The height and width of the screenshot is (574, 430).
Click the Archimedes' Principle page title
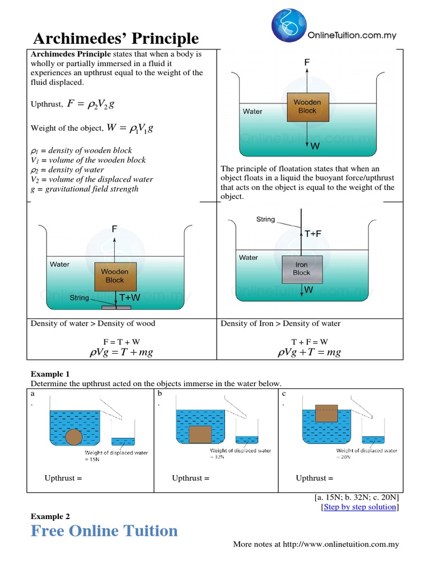click(x=116, y=38)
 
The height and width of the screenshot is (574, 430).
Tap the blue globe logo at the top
click(x=289, y=27)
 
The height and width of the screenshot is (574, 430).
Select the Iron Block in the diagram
click(x=301, y=269)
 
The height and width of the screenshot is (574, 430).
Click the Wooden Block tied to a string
click(x=115, y=276)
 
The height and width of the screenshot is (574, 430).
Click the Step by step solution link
click(x=360, y=507)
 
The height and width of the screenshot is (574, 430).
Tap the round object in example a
click(x=74, y=437)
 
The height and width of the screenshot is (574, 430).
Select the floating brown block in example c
click(x=326, y=413)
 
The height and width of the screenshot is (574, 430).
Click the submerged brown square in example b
click(x=200, y=434)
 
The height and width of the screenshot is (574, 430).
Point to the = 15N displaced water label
click(x=92, y=459)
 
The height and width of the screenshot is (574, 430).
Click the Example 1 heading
click(x=50, y=374)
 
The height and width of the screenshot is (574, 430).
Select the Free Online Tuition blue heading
click(x=104, y=531)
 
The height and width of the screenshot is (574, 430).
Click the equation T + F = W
click(x=310, y=341)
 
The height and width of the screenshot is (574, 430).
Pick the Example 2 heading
click(x=50, y=516)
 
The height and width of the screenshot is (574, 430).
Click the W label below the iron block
click(x=309, y=290)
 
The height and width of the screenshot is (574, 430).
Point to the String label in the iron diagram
click(x=265, y=219)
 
